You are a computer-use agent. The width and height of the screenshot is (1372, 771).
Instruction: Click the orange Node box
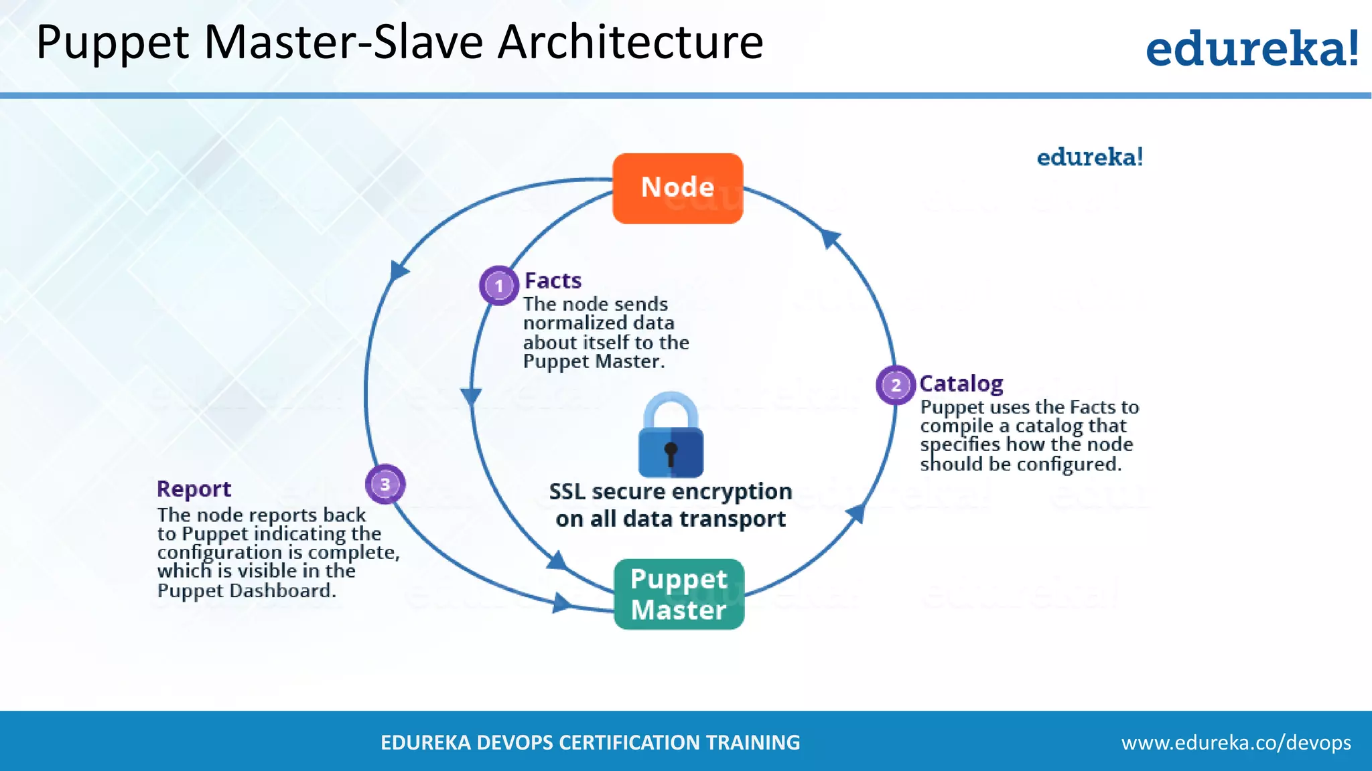(x=677, y=188)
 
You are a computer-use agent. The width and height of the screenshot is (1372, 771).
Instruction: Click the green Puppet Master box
(x=679, y=594)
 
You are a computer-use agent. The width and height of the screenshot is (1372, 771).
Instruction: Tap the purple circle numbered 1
(x=498, y=286)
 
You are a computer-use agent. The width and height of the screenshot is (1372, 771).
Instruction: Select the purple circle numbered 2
(x=896, y=385)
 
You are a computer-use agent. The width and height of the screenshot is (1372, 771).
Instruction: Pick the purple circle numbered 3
(x=385, y=484)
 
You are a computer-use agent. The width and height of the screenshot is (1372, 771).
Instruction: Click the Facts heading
(x=553, y=280)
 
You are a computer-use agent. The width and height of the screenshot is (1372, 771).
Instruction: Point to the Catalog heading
(x=961, y=383)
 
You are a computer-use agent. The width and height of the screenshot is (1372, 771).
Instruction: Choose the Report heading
(x=194, y=489)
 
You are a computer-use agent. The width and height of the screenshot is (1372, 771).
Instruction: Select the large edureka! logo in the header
(x=1251, y=48)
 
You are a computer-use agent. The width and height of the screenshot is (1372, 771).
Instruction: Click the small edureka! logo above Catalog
(x=1089, y=157)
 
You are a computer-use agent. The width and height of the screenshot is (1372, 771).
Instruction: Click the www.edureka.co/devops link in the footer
(x=1236, y=742)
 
